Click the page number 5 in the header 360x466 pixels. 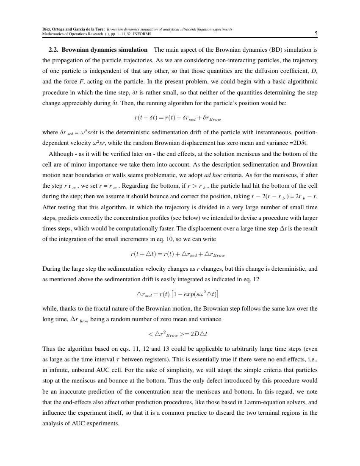pyautogui.click(x=316, y=33)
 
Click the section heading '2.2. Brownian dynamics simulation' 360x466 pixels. pyautogui.click(x=98, y=50)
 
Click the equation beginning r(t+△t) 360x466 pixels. pyautogui.click(x=177, y=255)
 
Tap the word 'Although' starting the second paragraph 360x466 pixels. pyautogui.click(x=61, y=154)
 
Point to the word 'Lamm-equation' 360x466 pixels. pyautogui.click(x=252, y=402)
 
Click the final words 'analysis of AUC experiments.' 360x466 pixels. pyautogui.click(x=81, y=424)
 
